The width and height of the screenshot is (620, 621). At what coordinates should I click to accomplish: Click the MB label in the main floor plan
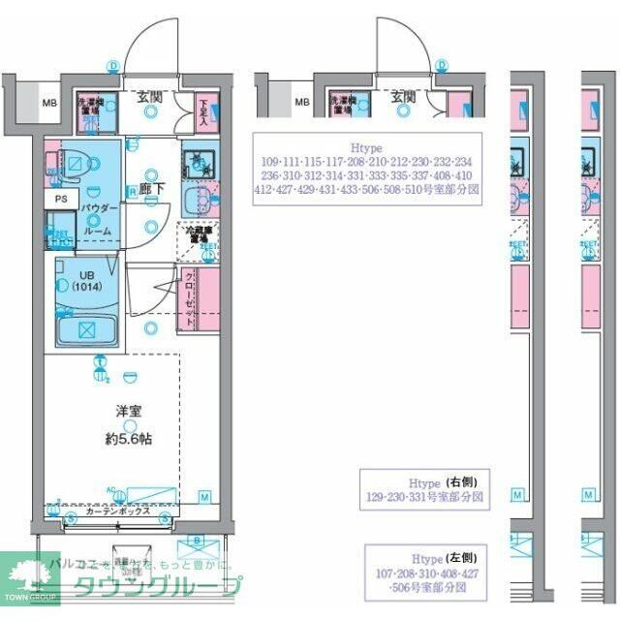click(x=46, y=102)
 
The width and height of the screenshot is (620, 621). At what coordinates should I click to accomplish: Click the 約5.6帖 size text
click(x=129, y=438)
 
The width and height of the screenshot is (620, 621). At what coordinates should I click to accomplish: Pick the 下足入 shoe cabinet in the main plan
click(x=203, y=109)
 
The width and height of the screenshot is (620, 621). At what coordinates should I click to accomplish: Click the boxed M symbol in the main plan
click(x=204, y=497)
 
